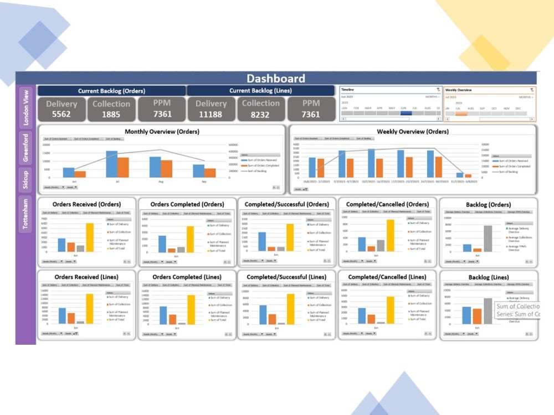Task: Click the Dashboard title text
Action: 275,79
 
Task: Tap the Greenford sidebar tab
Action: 25,147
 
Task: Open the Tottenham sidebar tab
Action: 25,215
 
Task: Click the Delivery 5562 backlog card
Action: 61,109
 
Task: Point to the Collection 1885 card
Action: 111,109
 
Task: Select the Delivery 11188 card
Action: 211,109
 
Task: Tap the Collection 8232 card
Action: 260,109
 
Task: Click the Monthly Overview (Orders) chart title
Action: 162,132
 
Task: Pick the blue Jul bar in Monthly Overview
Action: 111,164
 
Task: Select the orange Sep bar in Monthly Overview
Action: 210,173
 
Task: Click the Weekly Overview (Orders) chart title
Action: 412,132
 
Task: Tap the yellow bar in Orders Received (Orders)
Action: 90,237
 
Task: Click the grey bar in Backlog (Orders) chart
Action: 488,238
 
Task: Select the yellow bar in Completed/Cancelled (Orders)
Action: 391,235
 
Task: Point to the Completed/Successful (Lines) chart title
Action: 286,277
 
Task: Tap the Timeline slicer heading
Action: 348,90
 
